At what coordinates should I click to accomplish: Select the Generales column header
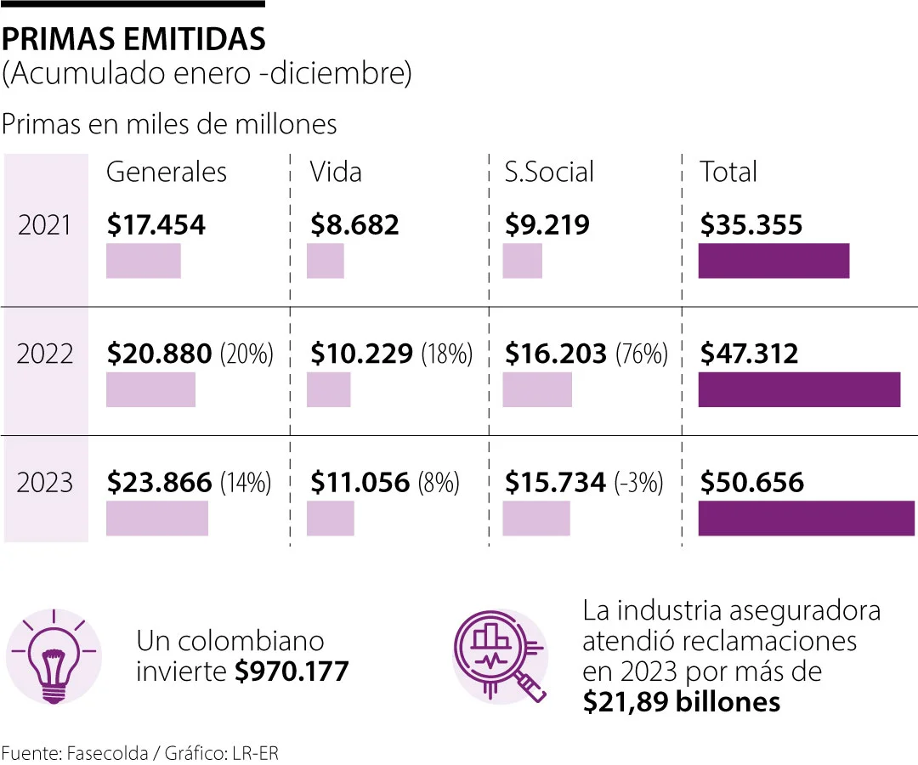(167, 172)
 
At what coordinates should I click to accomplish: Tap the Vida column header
(336, 172)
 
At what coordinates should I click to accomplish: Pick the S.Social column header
(549, 172)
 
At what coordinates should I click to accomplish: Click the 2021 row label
(46, 225)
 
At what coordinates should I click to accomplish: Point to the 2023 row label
(46, 483)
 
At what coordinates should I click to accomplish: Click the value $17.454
(156, 225)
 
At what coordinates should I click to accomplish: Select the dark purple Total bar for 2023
(806, 518)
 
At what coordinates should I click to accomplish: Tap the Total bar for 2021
(773, 261)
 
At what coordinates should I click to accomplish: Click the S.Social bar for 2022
(537, 389)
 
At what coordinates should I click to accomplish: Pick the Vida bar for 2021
(326, 261)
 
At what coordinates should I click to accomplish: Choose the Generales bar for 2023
(157, 518)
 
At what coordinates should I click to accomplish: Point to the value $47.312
(750, 354)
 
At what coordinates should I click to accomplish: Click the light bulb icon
(54, 655)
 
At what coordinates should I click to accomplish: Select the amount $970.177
(292, 671)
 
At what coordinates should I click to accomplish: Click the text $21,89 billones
(681, 702)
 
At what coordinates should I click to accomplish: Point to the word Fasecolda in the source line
(100, 753)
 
